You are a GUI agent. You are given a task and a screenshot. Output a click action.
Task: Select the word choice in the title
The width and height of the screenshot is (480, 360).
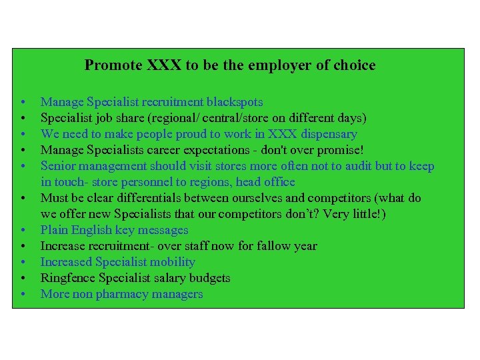[355, 65]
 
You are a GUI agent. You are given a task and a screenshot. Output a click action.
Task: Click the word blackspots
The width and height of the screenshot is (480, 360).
[235, 102]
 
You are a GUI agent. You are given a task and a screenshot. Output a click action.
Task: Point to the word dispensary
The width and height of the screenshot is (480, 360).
[327, 134]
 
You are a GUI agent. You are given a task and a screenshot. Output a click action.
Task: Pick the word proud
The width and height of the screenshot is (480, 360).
[180, 134]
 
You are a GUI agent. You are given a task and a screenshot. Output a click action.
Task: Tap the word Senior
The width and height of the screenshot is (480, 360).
[59, 166]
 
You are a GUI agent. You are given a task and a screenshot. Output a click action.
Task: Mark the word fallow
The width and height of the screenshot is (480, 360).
[271, 246]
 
